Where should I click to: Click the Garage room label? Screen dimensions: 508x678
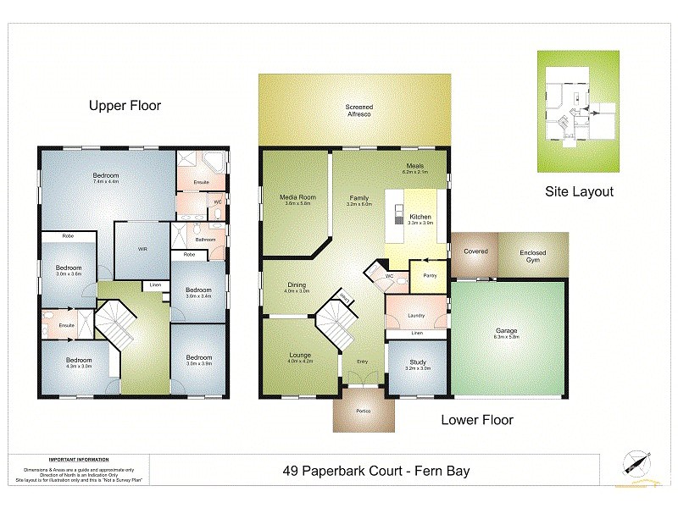[507, 331]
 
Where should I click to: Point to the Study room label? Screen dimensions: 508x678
[417, 362]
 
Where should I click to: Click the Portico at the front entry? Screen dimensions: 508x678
[363, 411]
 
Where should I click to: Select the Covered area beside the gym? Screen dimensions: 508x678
[475, 251]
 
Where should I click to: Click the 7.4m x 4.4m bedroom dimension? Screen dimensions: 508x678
[106, 182]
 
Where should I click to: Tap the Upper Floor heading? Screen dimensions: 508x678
[125, 106]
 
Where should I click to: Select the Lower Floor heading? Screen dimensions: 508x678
[476, 419]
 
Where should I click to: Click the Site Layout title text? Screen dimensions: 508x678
[579, 192]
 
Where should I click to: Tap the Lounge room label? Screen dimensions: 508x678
[299, 355]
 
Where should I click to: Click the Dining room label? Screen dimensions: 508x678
[296, 285]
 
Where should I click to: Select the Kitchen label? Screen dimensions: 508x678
[421, 218]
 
